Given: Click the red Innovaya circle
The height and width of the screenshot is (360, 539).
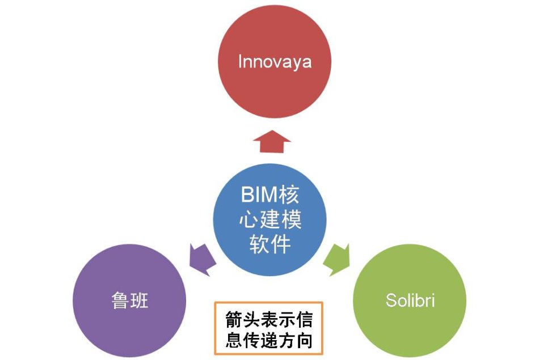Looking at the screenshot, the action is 274,61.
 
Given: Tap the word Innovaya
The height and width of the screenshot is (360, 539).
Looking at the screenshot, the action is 275,62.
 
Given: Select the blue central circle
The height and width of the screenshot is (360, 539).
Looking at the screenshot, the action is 270,219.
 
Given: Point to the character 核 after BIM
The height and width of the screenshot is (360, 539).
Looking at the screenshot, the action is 289,194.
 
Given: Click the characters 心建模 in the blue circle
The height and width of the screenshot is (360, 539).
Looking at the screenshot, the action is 270,219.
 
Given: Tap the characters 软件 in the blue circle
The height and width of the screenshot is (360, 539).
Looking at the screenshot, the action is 270,244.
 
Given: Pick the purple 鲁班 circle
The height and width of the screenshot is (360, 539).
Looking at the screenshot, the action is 129,300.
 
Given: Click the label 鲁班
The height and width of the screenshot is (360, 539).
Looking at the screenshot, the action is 129,300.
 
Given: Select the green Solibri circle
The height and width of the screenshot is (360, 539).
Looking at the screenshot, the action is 410,300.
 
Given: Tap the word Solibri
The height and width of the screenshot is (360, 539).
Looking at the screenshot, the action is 410,300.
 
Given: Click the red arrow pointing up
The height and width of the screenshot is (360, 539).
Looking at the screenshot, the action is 272,141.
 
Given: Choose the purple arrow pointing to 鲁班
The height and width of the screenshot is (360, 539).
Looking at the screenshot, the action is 203,260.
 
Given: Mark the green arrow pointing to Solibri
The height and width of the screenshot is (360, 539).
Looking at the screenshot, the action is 336,260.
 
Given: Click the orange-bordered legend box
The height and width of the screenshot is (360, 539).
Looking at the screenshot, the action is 268,328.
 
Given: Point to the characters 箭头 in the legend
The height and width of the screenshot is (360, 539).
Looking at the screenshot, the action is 243,320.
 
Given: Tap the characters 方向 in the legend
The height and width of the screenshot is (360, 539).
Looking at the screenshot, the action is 295,340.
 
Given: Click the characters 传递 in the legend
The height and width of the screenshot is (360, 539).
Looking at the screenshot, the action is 260,340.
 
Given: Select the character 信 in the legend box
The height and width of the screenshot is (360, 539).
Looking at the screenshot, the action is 304,320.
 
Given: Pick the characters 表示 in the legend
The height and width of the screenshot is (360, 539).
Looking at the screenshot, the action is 278,320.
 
